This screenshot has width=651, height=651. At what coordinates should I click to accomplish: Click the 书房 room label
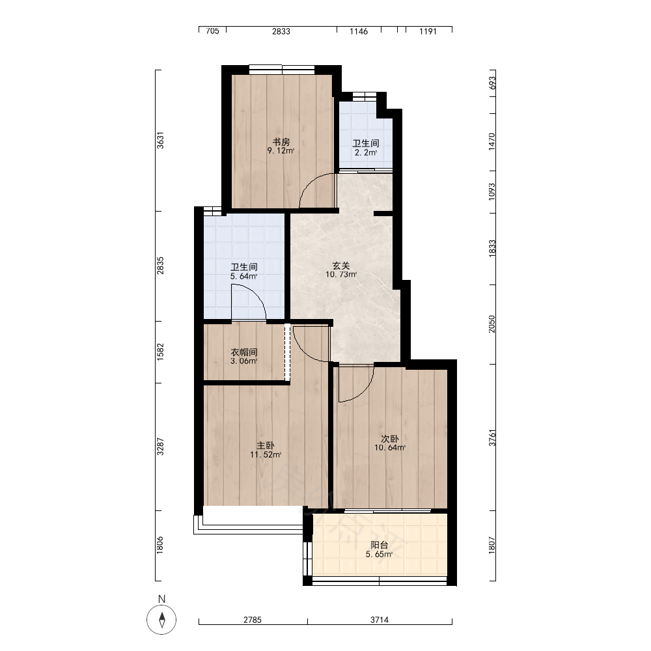(x=281, y=142)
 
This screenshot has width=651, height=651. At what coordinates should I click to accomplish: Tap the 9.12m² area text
(x=281, y=151)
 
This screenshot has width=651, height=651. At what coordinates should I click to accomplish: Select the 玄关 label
(x=341, y=266)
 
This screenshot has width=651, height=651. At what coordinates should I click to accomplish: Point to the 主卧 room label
(x=266, y=445)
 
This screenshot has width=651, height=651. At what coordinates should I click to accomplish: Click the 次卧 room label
(x=390, y=439)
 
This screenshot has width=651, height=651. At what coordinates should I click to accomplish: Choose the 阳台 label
(x=379, y=545)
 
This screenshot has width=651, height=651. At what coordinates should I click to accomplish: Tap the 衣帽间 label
(x=244, y=352)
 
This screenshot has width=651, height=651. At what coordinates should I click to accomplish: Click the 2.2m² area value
(x=366, y=152)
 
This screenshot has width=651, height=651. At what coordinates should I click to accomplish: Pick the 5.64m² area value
(x=244, y=276)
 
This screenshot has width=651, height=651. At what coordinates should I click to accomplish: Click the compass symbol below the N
(x=162, y=620)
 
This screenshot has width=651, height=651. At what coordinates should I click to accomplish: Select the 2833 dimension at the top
(x=281, y=31)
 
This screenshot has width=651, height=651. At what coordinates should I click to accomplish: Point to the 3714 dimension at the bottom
(x=380, y=620)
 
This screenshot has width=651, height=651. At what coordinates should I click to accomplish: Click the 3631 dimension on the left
(x=160, y=141)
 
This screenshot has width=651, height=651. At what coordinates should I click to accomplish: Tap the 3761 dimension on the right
(x=492, y=437)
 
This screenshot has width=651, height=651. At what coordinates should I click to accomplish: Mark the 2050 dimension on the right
(x=492, y=324)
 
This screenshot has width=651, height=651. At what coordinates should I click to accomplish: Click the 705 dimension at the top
(x=213, y=31)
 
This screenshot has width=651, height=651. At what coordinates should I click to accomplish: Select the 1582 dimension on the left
(x=160, y=352)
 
